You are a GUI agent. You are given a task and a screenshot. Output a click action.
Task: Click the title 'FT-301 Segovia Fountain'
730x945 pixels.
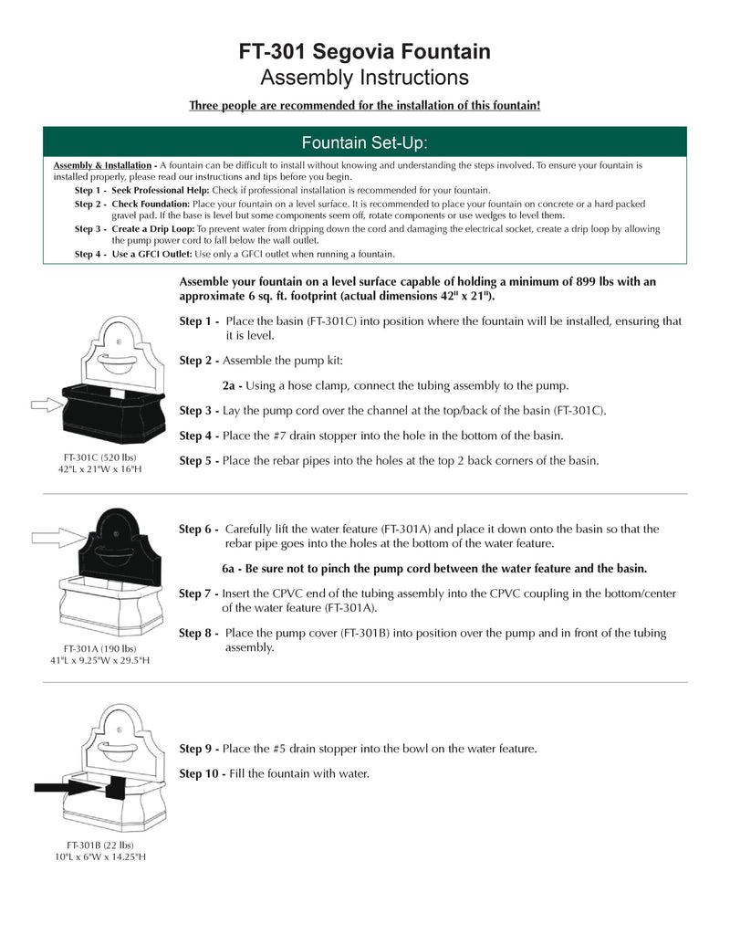coord(364,52)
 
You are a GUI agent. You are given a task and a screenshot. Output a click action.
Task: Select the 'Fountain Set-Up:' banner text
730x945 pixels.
coord(364,142)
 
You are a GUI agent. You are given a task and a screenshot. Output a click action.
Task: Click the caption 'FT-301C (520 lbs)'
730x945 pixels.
coord(100,457)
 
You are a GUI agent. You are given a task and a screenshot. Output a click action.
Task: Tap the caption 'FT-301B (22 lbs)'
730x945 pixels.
coord(100,845)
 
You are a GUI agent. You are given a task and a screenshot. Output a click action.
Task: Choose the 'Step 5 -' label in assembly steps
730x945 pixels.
coord(199,461)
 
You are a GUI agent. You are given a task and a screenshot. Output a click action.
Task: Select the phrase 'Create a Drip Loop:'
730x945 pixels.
coord(153,229)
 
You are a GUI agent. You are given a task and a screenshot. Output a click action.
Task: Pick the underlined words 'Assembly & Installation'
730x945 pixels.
coord(102,165)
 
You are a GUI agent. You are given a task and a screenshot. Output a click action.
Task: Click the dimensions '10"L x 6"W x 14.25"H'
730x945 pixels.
coord(100,857)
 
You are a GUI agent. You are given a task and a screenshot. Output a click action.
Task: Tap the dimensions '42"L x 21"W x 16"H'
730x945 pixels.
coord(100,469)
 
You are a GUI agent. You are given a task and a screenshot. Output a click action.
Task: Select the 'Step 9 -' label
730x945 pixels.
coord(200,749)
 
